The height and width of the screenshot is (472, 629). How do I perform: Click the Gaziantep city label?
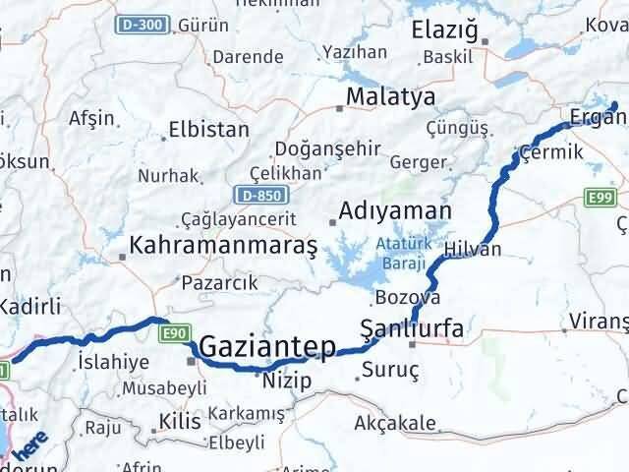pos(267,347)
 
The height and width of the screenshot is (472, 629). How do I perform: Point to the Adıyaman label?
pos(394,210)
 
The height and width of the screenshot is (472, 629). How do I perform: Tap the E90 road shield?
pos(175,334)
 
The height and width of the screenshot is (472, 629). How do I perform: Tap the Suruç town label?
pos(390,370)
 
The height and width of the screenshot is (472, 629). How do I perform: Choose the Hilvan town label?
pos(472,249)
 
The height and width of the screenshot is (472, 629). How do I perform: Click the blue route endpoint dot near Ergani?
pos(613,105)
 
